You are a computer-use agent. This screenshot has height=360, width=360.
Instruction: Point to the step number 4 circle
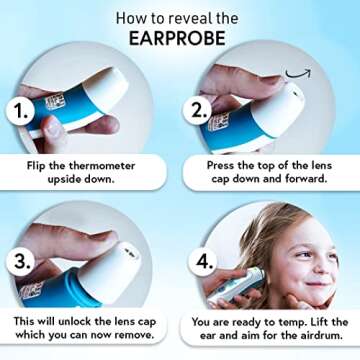click(204, 263)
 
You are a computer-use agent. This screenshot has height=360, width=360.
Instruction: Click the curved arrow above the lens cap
click(298, 73)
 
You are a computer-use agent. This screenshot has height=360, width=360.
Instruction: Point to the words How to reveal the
click(179, 18)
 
